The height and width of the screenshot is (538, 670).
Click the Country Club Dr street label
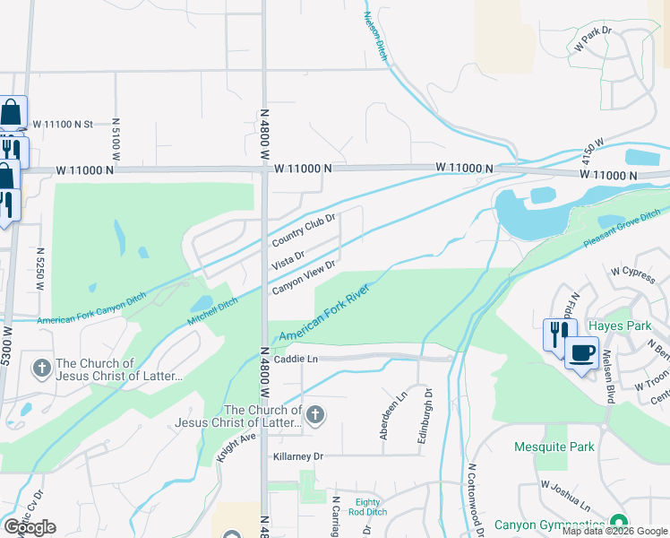tap(304, 230)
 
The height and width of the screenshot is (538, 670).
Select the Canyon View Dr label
tap(303, 276)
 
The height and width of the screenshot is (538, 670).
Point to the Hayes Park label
tap(620, 325)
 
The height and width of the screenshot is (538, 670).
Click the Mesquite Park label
tap(554, 447)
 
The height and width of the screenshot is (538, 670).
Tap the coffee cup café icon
tap(581, 352)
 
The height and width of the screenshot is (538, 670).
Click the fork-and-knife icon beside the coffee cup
tap(556, 334)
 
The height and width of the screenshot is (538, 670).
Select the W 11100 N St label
tap(63, 125)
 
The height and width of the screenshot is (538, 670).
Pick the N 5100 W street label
tap(116, 134)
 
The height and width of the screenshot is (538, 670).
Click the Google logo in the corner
tap(30, 527)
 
